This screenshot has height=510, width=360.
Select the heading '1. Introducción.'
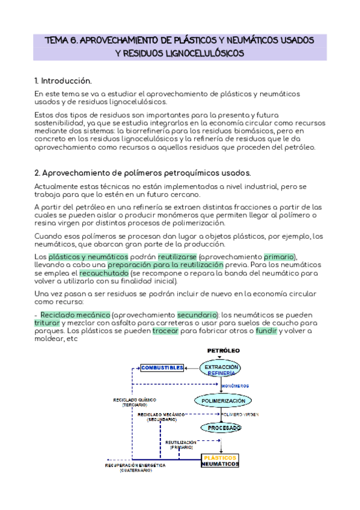[x=63, y=80]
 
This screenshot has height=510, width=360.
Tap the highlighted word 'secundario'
[x=197, y=315]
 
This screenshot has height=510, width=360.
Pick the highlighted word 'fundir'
[x=266, y=331]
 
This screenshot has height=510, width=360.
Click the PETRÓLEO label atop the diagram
[x=224, y=350]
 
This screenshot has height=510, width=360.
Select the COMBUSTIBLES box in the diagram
[x=162, y=367]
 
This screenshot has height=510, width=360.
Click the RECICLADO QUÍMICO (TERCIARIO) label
[x=130, y=402]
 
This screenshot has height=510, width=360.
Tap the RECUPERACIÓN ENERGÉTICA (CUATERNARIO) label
[x=135, y=467]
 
